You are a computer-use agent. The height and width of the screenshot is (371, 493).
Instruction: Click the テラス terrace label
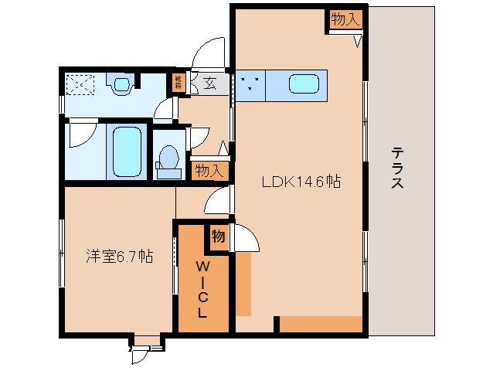397,168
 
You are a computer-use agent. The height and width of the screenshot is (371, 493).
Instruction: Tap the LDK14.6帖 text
301,182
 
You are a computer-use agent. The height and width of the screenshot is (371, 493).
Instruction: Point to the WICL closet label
202,290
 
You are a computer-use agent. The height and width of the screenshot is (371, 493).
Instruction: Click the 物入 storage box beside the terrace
345,20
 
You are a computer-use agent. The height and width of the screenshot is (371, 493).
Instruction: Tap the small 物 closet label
218,237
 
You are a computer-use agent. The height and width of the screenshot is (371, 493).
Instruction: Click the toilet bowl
167,159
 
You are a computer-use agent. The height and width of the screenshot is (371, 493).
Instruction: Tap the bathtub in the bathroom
126,151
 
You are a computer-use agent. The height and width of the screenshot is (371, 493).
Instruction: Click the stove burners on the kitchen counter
250,84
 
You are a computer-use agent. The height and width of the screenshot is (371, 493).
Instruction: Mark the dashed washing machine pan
79,83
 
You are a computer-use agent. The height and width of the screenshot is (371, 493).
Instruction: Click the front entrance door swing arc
209,54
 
